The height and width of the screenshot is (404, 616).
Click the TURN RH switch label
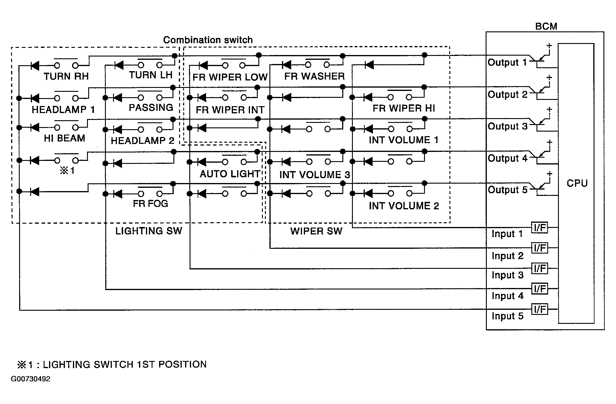(x=66, y=77)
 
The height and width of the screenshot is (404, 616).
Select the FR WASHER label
(x=314, y=76)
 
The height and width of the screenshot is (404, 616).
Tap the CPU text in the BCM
(x=577, y=183)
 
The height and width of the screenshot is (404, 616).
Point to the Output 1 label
(x=507, y=62)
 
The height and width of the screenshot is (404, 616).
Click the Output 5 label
(x=507, y=190)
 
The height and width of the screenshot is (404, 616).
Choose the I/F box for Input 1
(x=540, y=228)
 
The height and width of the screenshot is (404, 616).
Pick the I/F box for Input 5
(x=540, y=309)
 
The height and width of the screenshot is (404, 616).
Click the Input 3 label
(x=507, y=275)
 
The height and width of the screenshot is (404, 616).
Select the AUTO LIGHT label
(x=230, y=174)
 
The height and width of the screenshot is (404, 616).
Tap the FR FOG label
(x=150, y=204)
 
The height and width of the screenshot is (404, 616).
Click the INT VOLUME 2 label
(x=404, y=206)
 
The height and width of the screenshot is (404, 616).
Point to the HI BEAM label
(x=64, y=138)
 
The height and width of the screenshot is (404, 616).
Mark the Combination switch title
(x=208, y=40)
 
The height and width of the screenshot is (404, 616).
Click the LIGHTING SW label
(x=149, y=231)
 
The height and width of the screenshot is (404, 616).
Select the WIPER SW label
(x=316, y=231)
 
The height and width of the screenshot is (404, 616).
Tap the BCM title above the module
(x=546, y=26)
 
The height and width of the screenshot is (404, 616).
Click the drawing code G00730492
(x=31, y=379)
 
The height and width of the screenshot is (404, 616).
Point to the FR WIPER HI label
(x=404, y=108)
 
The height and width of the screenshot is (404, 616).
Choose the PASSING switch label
(x=151, y=108)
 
